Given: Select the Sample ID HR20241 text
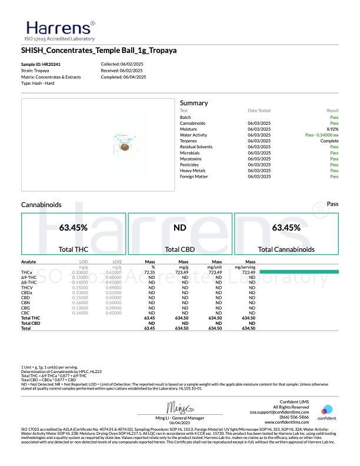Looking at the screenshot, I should point(41,64).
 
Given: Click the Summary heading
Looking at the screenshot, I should point(194,103).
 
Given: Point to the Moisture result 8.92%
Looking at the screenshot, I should point(332,129).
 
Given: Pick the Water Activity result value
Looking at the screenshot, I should point(322,135).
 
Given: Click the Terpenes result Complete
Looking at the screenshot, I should point(329,141).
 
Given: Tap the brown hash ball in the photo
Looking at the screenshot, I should point(125,146).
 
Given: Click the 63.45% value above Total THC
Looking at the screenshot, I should point(74,227).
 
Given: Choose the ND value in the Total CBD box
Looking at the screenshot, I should point(180,227).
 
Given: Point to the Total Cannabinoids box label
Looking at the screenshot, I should point(286,249).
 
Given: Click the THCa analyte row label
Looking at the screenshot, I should point(26,272).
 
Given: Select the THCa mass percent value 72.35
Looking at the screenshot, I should point(149,272).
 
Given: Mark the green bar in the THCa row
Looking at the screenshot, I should point(299,272).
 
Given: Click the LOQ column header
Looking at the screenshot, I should point(116,261).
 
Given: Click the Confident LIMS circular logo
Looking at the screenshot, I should point(326,411).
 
